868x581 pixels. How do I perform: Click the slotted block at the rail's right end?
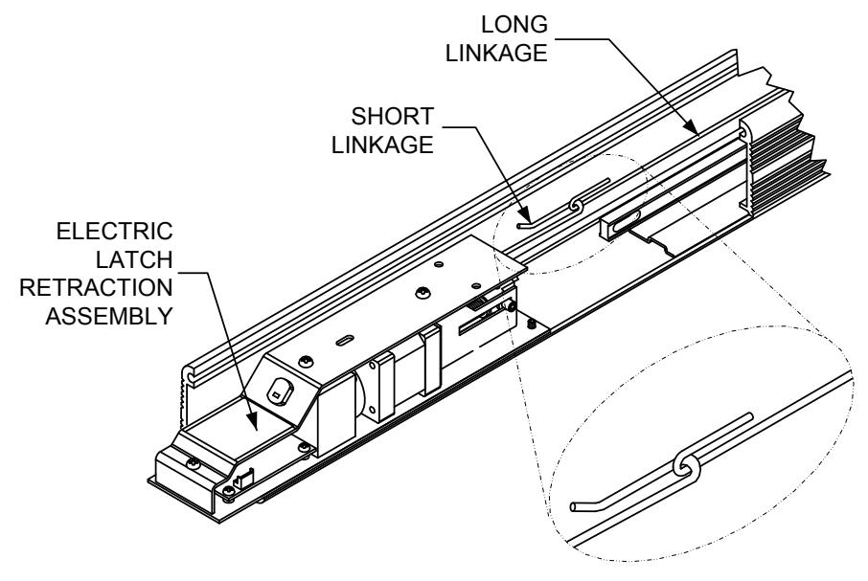pyautogui.click(x=622, y=226)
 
